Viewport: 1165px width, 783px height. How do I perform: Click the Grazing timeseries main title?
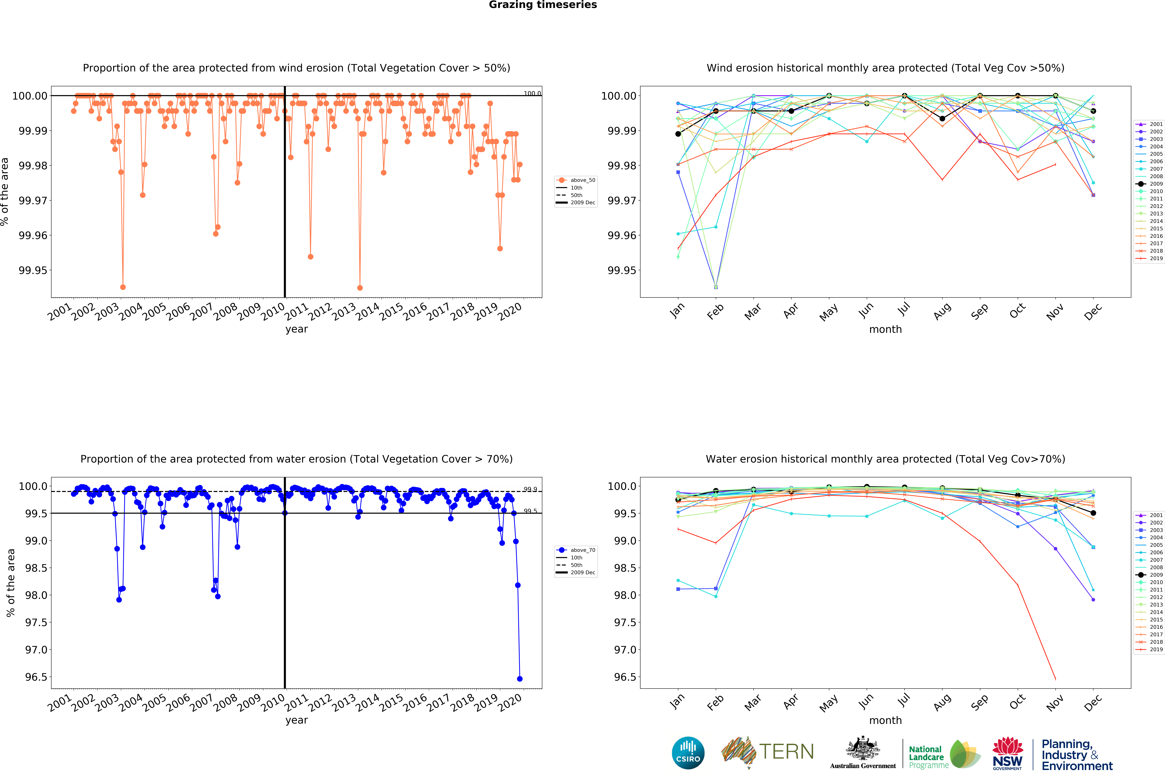[x=543, y=5]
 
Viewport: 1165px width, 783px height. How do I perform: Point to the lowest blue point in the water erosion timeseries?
[x=520, y=679]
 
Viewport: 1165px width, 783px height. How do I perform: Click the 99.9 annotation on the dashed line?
[x=530, y=489]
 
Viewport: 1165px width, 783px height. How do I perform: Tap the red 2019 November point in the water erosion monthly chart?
[x=1055, y=679]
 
